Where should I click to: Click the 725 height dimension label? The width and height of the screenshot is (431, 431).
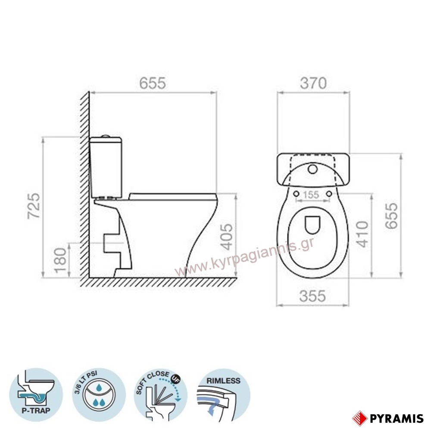[34, 206]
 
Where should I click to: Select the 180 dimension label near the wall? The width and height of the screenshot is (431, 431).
[60, 260]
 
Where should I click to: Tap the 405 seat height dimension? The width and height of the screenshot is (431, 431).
[227, 237]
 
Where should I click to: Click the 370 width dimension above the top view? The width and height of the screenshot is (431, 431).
[313, 83]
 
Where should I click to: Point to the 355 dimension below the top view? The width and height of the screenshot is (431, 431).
[312, 296]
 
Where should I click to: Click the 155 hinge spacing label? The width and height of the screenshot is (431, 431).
[311, 195]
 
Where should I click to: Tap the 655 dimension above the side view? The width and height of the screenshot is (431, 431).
[153, 83]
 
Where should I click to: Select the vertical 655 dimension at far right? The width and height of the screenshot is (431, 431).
[391, 216]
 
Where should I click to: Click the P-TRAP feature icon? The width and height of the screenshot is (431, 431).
[36, 394]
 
